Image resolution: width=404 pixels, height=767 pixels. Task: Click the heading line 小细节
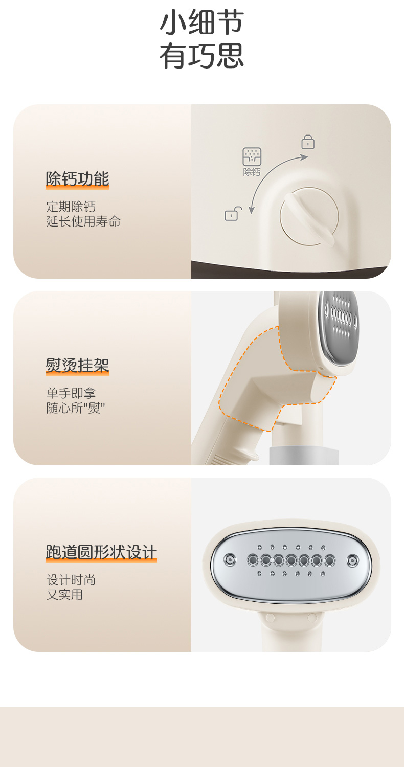coord(201,22)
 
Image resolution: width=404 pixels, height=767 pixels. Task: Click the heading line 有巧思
coord(201,55)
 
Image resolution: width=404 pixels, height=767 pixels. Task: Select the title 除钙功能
coord(77,179)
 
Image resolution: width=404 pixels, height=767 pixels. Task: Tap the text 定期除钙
coord(71,207)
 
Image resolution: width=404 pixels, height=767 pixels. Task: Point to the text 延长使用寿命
coord(83,221)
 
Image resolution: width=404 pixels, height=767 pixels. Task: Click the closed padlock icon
coord(308,142)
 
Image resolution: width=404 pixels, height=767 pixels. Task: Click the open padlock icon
coord(233,214)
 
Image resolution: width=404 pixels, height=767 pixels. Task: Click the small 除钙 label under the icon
coord(252,172)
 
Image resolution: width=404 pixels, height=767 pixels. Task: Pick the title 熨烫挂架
coord(77,366)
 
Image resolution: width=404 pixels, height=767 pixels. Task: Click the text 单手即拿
coord(71,393)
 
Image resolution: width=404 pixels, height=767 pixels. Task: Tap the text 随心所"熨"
coord(75,408)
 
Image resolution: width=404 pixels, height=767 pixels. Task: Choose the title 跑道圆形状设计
coord(101,552)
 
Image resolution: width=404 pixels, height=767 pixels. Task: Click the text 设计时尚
coord(71,580)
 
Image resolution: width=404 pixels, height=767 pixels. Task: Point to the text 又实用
coord(65,595)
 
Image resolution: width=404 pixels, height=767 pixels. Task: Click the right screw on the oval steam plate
coord(352,560)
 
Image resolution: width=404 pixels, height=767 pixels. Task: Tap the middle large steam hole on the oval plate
coord(291,560)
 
